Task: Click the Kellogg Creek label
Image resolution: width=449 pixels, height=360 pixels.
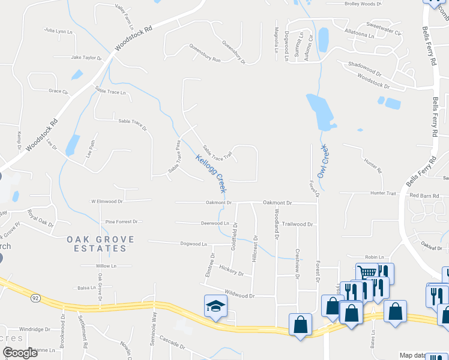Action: click(x=211, y=174)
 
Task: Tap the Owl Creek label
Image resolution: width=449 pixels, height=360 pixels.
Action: click(x=325, y=156)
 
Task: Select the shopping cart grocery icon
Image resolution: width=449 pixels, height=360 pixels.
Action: click(x=367, y=272)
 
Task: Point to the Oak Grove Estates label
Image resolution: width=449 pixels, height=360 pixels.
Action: click(x=100, y=243)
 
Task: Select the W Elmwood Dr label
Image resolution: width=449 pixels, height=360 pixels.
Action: click(x=106, y=202)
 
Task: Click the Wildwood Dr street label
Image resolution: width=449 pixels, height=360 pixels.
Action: click(x=240, y=295)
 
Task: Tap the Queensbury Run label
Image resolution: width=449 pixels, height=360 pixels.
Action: click(x=205, y=53)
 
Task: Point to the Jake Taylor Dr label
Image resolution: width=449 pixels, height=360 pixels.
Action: click(x=86, y=58)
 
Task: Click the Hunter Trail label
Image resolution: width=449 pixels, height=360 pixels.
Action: click(x=384, y=193)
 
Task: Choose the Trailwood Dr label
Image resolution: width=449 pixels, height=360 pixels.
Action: click(x=298, y=224)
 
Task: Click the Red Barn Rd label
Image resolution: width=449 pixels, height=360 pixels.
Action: click(x=425, y=196)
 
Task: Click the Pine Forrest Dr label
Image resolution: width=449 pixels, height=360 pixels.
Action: click(x=121, y=222)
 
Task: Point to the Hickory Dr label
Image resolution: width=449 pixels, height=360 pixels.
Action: click(x=231, y=270)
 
